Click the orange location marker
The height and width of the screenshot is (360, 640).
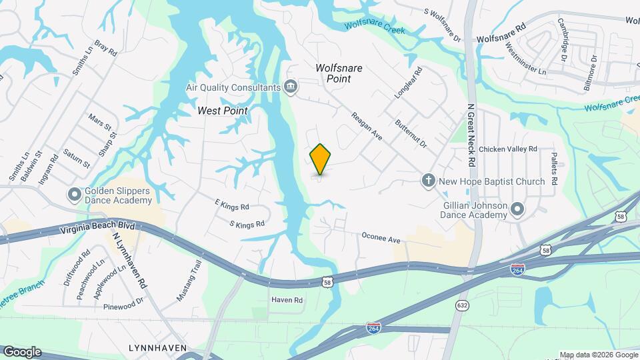click(x=321, y=159)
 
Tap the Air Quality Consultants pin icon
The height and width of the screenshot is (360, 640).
click(x=291, y=87)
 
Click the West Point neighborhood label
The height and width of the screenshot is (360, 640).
click(x=223, y=111)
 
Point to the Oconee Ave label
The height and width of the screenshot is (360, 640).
click(x=380, y=237)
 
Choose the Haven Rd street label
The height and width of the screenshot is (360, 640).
click(x=287, y=301)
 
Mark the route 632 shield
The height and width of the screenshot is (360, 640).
click(x=462, y=305)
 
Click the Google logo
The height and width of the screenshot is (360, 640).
click(x=22, y=351)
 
